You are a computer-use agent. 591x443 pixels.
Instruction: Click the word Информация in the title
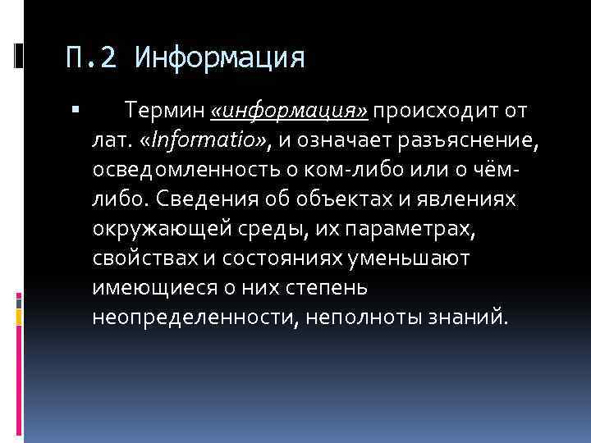coord(219,58)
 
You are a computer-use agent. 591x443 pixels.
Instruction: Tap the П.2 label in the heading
coord(94,58)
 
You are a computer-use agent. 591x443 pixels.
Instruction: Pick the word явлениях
coord(474,198)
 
